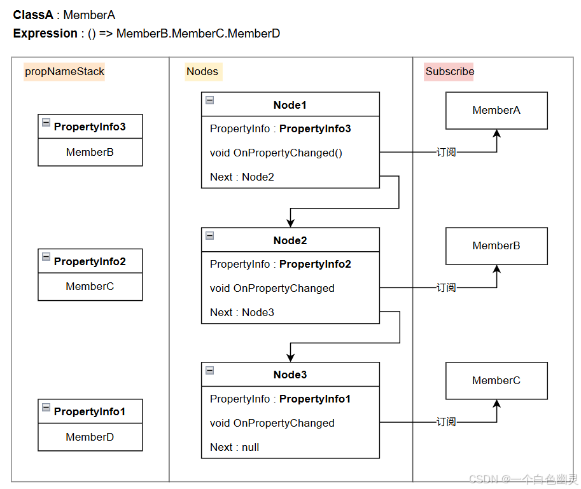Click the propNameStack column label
click(64, 72)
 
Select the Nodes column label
click(202, 72)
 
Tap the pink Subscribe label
click(449, 72)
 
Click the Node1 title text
click(290, 106)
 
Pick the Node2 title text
click(290, 240)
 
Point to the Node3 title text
click(290, 375)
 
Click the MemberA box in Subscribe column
click(496, 111)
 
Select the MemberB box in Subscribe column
click(496, 246)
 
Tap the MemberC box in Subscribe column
click(496, 381)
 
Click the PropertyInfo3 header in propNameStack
click(90, 127)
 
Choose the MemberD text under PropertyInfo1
click(90, 437)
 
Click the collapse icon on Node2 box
click(210, 236)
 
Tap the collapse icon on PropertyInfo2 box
click(46, 257)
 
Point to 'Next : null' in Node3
click(234, 448)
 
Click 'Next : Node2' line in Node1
click(242, 177)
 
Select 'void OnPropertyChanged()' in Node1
click(276, 153)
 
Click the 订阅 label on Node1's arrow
click(446, 153)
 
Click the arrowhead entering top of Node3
click(290, 358)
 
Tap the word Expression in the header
click(45, 34)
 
